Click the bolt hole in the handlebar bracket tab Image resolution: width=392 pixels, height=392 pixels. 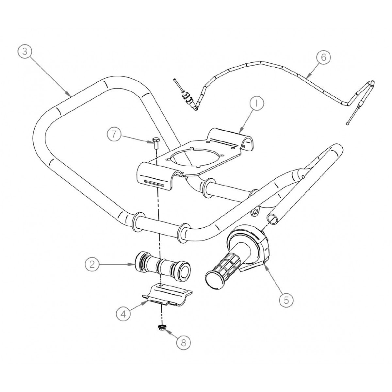[x=254, y=213]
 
